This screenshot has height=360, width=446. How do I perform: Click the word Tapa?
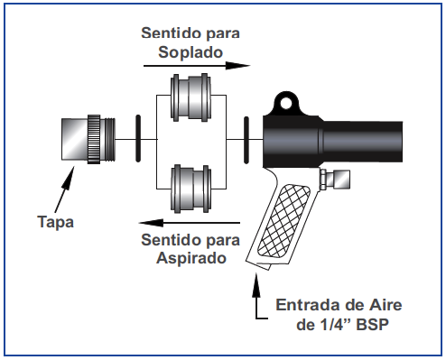tap(56, 222)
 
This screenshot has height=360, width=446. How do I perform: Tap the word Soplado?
tap(190, 52)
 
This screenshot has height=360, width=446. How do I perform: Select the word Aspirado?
tap(191, 258)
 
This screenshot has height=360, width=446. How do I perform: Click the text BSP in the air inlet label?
tap(372, 325)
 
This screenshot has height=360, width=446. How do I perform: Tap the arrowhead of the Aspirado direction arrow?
tap(151, 223)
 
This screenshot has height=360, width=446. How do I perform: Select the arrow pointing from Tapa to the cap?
tap(64, 189)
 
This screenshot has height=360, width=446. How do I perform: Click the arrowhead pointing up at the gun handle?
tap(256, 283)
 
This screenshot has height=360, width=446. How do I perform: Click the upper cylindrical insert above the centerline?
tap(190, 97)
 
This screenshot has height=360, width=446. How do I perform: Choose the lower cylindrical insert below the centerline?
tap(190, 189)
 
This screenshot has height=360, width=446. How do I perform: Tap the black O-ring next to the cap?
tap(138, 139)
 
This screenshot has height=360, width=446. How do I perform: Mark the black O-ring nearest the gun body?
tap(246, 140)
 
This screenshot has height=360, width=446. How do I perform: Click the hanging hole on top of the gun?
tap(285, 103)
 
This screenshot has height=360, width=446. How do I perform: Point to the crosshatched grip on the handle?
tap(283, 221)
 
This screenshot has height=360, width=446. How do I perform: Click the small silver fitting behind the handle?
tap(335, 180)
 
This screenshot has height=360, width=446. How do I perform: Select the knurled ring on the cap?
tap(94, 139)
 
